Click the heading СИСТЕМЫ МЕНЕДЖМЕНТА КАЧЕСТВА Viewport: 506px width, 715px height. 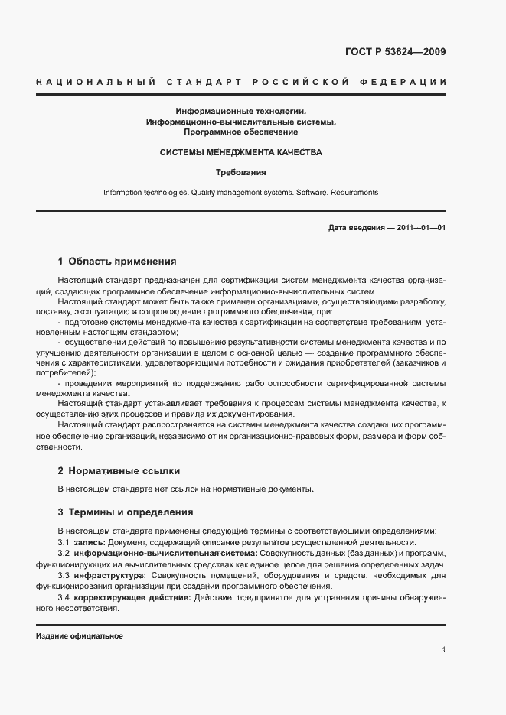[240, 152]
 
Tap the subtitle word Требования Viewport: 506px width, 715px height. [240, 172]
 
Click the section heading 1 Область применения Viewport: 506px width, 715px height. [117, 261]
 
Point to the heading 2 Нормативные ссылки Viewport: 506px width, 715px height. [119, 470]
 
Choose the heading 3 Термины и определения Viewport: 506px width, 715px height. [126, 512]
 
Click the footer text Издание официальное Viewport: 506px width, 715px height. [80, 636]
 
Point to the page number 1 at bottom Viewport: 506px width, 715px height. [443, 650]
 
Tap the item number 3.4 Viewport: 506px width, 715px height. [64, 596]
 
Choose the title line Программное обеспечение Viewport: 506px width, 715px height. [240, 132]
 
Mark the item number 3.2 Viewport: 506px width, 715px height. [64, 552]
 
